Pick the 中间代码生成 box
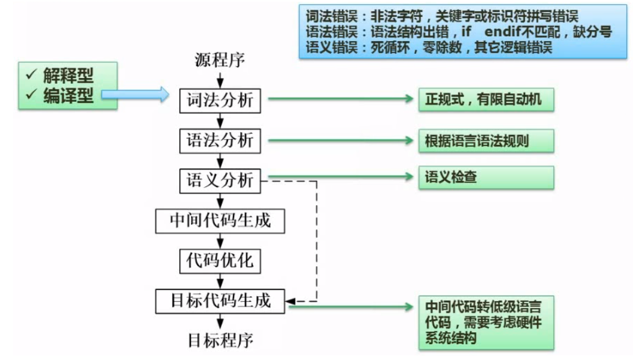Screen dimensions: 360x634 pyautogui.click(x=220, y=221)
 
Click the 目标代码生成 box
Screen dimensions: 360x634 pyautogui.click(x=220, y=301)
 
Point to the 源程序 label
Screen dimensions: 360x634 pyautogui.click(x=220, y=60)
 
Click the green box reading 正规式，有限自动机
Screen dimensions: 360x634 pyautogui.click(x=485, y=100)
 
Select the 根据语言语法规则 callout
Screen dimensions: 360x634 pyautogui.click(x=485, y=141)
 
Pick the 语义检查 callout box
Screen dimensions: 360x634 pyautogui.click(x=485, y=177)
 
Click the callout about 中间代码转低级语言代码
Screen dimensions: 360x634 pyautogui.click(x=485, y=323)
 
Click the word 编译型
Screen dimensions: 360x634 pyautogui.click(x=68, y=96)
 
